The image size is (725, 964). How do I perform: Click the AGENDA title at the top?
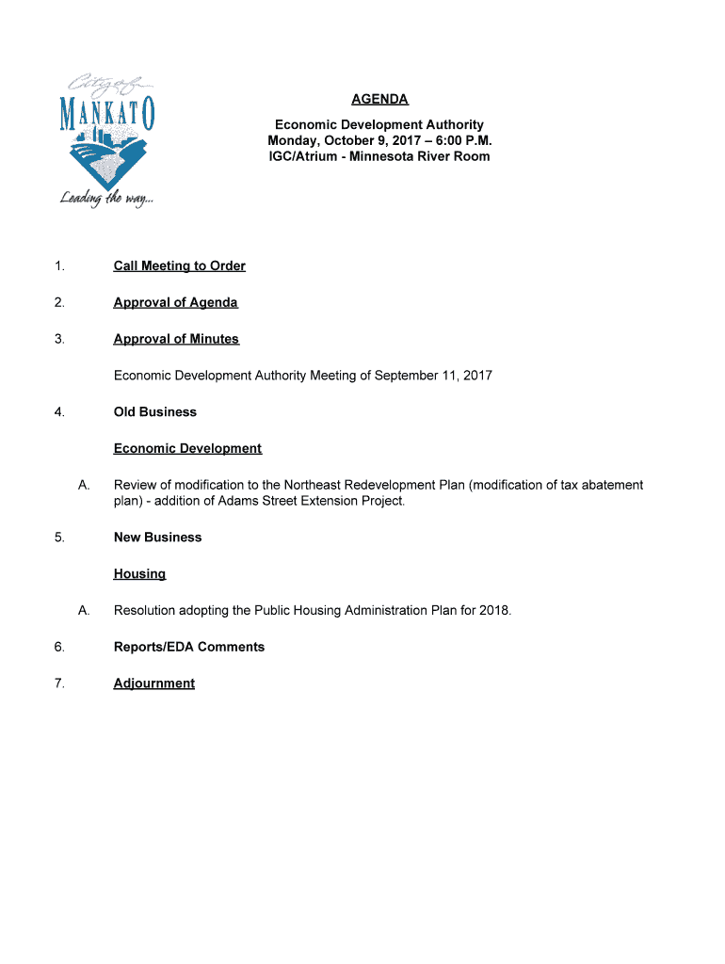tap(379, 99)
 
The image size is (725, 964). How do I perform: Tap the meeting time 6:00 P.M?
tap(460, 140)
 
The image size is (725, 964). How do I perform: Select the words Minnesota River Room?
tap(420, 156)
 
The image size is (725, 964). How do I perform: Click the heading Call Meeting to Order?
tap(179, 266)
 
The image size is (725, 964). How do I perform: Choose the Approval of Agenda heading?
tap(175, 302)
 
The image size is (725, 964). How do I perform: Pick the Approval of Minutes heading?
tap(176, 339)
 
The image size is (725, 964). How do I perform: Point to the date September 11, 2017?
tap(433, 376)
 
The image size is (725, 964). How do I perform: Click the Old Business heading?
tap(155, 412)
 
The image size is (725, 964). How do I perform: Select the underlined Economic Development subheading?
tap(187, 448)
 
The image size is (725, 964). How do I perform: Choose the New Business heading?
tap(157, 538)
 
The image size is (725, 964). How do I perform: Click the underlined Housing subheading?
tap(139, 573)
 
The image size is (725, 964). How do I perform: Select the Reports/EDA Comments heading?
tap(189, 647)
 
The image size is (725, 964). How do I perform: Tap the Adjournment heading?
tap(154, 683)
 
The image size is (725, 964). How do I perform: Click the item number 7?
tap(59, 683)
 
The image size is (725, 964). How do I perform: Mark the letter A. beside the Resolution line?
tap(84, 610)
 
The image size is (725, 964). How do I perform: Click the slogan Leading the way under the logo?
tap(105, 199)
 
